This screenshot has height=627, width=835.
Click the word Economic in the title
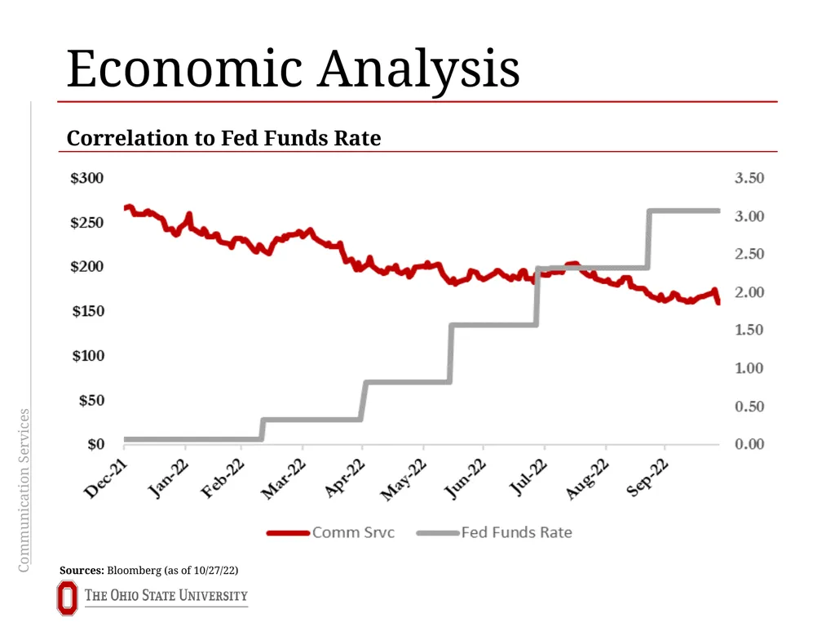pos(185,69)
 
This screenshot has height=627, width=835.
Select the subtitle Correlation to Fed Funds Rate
pos(223,138)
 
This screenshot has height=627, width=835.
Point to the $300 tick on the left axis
pos(86,177)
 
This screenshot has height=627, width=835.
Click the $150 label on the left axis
pos(88,311)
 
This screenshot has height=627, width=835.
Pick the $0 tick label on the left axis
pos(96,443)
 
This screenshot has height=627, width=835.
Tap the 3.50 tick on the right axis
pos(749,177)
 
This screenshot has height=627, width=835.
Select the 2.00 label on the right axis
pos(749,291)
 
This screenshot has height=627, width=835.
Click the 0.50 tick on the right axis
pos(749,407)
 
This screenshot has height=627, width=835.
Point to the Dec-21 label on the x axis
pos(106,478)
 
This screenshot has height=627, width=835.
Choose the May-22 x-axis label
pos(404,479)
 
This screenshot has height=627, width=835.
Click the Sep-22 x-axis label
pos(647,477)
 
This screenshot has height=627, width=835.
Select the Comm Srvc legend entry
pos(331,532)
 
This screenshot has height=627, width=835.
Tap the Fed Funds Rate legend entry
pos(494,532)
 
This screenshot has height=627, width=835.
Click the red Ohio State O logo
pos(67,598)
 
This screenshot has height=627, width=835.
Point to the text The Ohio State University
pos(166,595)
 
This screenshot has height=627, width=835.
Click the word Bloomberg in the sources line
pos(135,571)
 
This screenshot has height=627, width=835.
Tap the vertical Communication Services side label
pos(24,491)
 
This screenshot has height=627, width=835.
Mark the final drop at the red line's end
pos(717,296)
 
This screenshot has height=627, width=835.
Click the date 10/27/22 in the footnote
pos(214,571)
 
